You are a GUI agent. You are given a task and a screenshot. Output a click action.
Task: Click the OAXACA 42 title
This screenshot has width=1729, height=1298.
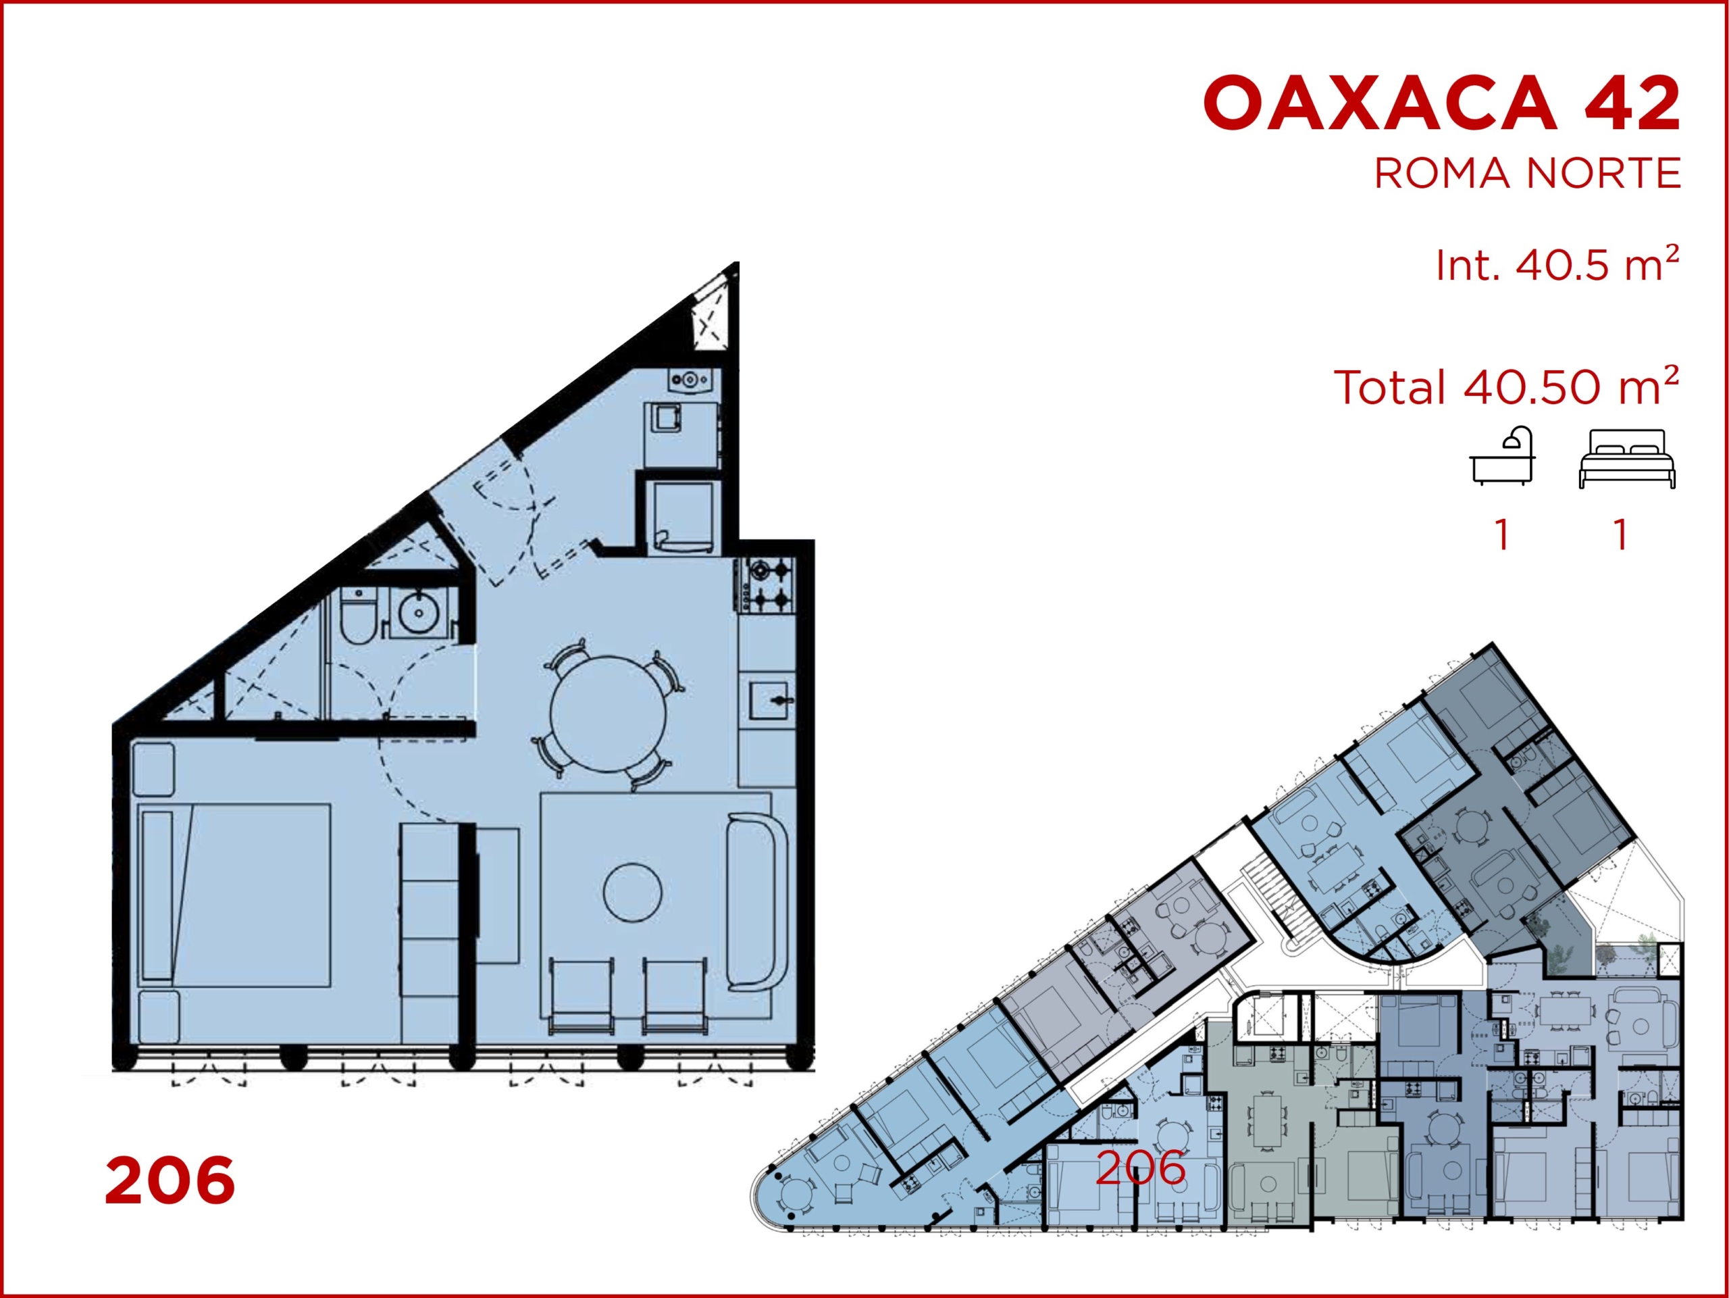(x=1442, y=103)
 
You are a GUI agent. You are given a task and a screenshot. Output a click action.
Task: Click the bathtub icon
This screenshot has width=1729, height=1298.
(x=1502, y=457)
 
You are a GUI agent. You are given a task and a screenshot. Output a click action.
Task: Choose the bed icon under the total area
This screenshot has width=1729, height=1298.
(x=1626, y=459)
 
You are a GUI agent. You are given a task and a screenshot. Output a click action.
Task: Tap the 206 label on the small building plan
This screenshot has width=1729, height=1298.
(x=1141, y=1168)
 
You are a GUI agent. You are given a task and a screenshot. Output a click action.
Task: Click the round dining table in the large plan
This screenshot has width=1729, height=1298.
(x=608, y=714)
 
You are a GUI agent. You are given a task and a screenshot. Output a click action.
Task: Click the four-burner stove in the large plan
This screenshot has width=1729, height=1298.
(x=767, y=584)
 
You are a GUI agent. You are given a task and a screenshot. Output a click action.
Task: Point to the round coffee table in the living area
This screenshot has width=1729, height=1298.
(x=632, y=892)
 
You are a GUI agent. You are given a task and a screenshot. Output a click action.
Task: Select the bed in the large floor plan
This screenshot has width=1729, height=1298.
(x=234, y=895)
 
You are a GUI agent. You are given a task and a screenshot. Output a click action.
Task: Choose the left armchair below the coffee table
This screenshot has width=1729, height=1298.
(x=582, y=995)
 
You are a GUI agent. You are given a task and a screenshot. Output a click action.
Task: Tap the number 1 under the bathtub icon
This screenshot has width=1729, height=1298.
(x=1501, y=535)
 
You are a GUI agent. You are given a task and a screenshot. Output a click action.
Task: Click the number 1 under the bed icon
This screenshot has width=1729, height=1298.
(x=1621, y=535)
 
